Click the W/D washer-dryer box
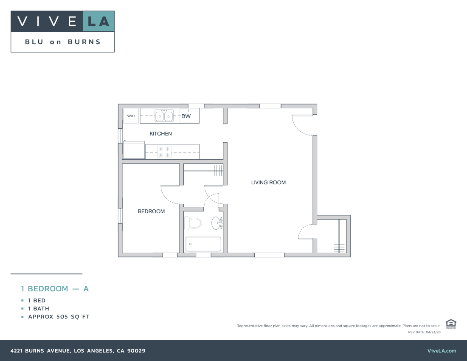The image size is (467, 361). [x=131, y=116]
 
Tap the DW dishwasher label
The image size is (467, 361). [x=186, y=116]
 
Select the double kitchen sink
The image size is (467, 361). [x=164, y=116]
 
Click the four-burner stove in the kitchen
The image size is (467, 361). [x=164, y=152]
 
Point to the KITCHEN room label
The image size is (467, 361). [x=160, y=134]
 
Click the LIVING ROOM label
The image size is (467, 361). [x=268, y=183]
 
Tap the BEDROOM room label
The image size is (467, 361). [x=151, y=212]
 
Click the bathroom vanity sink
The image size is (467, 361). [x=217, y=223]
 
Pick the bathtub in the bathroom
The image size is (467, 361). [x=203, y=244]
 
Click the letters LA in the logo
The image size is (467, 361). [x=98, y=21]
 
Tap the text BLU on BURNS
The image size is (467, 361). [x=63, y=42]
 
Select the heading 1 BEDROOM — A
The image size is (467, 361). [x=55, y=289]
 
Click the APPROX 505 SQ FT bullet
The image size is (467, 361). [x=59, y=317]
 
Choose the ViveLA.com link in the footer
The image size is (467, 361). [x=442, y=351]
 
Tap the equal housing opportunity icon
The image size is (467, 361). [x=451, y=324]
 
